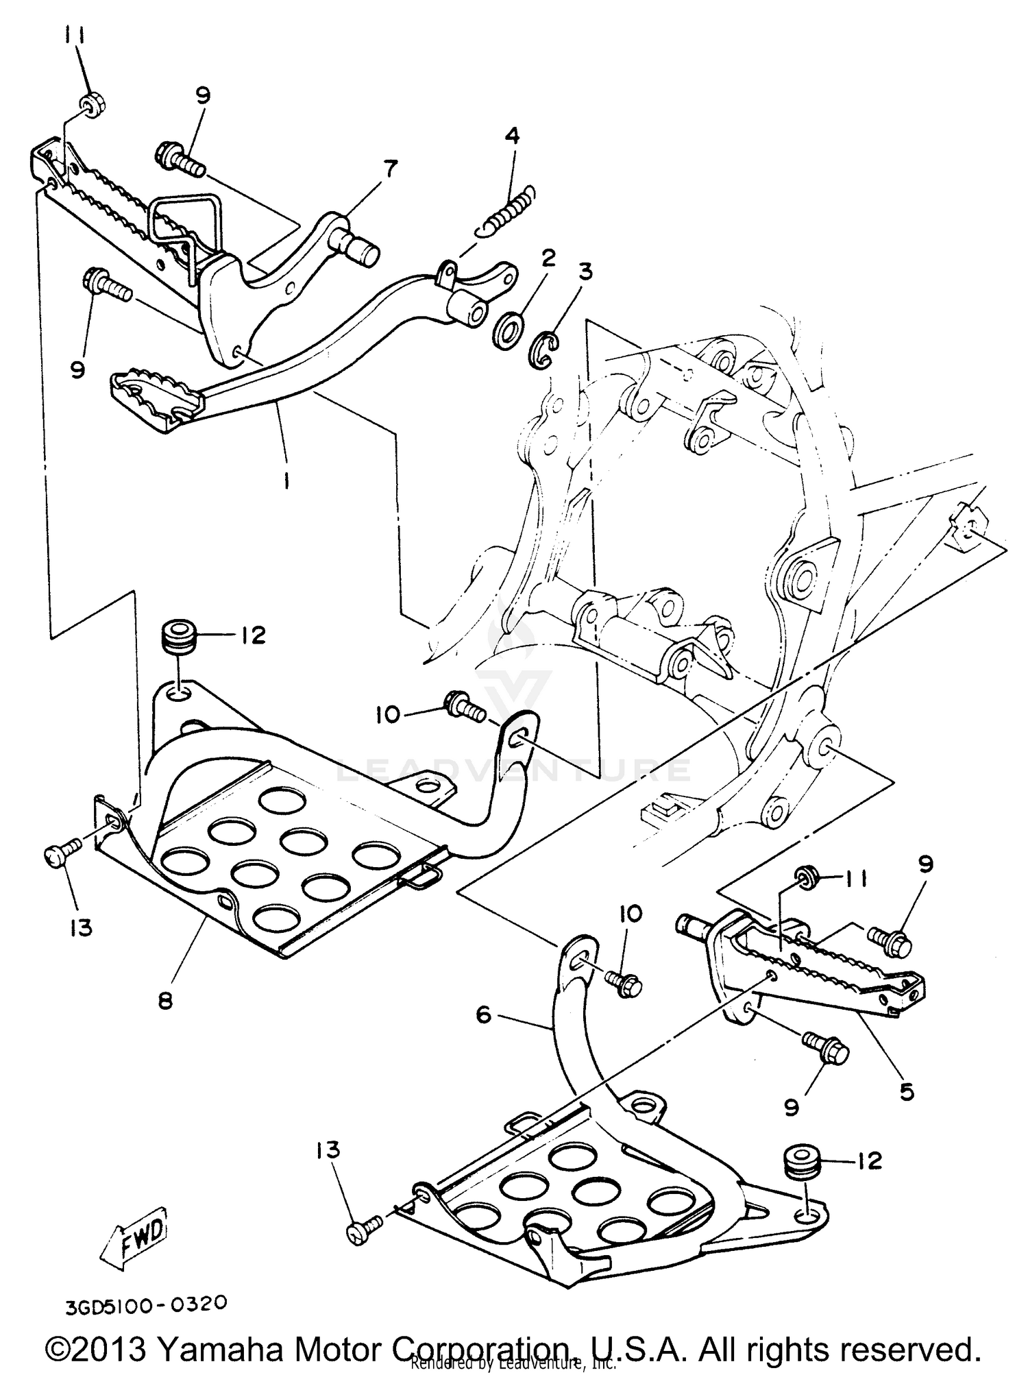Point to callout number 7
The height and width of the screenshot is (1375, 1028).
coord(389,169)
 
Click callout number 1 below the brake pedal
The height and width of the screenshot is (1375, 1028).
coord(285,480)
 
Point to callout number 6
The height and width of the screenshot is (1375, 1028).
coord(484,1014)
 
